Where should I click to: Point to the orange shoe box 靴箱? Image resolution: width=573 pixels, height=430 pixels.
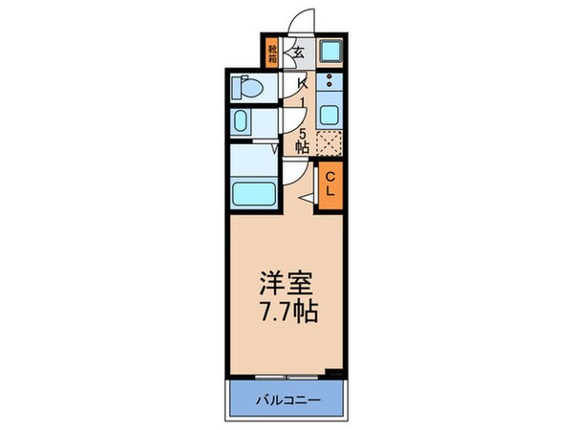273,53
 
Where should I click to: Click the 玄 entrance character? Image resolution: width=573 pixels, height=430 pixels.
298,53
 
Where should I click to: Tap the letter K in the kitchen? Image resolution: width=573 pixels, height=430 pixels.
301,83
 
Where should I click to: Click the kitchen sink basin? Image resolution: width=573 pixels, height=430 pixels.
329,115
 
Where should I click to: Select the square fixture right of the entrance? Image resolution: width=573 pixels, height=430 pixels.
329,53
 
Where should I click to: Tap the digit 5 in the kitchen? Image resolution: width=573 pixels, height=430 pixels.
302,133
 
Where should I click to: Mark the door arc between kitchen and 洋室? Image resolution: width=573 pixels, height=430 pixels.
294,172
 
